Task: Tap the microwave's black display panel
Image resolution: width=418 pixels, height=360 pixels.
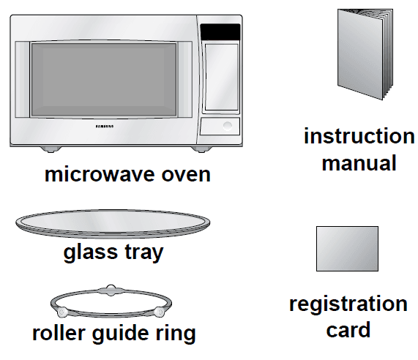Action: (x=220, y=32)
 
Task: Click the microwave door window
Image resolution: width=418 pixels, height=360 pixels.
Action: (x=105, y=80)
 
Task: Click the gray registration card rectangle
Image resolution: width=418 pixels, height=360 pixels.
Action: (x=347, y=249)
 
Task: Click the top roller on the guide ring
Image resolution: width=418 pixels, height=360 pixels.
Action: (x=111, y=288)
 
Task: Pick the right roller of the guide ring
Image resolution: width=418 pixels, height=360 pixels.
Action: (x=158, y=312)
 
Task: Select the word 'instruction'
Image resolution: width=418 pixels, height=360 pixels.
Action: (x=359, y=137)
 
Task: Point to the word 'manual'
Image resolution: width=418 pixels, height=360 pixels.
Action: (x=359, y=162)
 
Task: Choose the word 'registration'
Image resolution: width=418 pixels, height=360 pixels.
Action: (x=348, y=304)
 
